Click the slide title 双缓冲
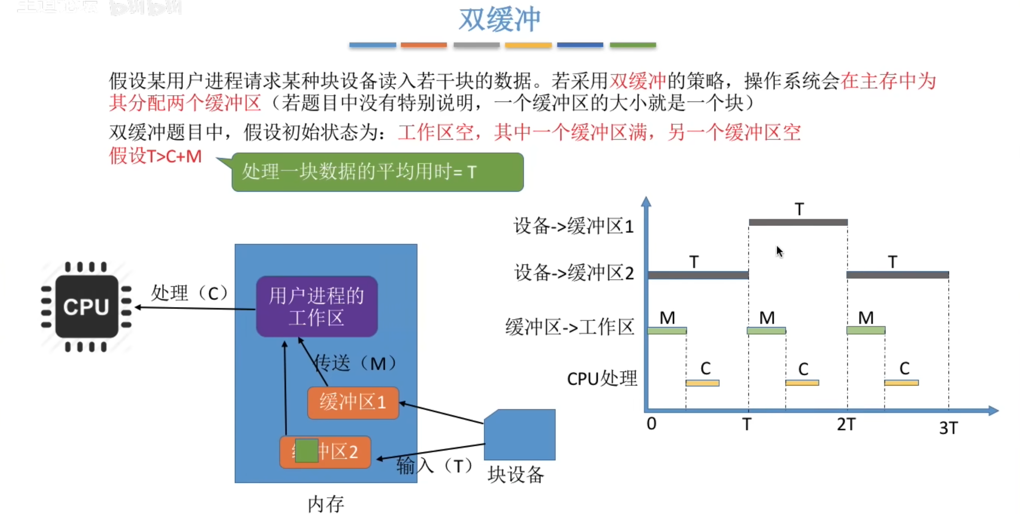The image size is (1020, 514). [500, 19]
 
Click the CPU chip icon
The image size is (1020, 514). [86, 307]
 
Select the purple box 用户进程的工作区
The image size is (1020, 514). [317, 307]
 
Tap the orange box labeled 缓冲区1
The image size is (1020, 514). [353, 402]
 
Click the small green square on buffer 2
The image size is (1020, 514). [306, 450]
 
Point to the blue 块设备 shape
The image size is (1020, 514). [520, 435]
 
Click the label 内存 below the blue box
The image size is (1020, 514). [326, 504]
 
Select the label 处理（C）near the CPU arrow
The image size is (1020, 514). [190, 293]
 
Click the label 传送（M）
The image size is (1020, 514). [355, 363]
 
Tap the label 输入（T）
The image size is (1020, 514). [435, 466]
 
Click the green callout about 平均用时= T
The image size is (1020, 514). [377, 172]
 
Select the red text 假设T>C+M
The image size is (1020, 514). [155, 156]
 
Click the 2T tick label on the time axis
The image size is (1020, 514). [846, 424]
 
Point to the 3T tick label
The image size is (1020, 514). [948, 428]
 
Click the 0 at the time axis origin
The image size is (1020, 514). [651, 424]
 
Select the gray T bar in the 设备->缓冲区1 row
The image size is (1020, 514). [798, 222]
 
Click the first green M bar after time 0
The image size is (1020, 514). [667, 331]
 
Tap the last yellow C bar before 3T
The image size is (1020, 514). [901, 383]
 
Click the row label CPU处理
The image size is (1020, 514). [602, 379]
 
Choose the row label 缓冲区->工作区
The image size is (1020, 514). [570, 327]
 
